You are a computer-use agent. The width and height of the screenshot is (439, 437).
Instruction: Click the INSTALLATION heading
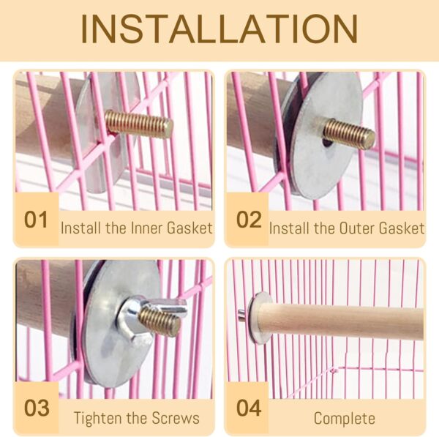(x=219, y=29)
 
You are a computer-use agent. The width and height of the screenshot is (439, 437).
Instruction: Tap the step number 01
(x=36, y=220)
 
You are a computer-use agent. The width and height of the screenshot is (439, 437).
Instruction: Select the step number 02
(x=249, y=220)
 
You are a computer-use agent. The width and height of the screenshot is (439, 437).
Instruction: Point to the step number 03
(x=37, y=408)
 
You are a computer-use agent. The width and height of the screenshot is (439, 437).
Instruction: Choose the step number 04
(x=249, y=408)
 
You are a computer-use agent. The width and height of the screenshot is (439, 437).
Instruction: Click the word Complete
(x=345, y=419)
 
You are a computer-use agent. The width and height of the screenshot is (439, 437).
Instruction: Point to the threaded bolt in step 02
(x=348, y=135)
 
